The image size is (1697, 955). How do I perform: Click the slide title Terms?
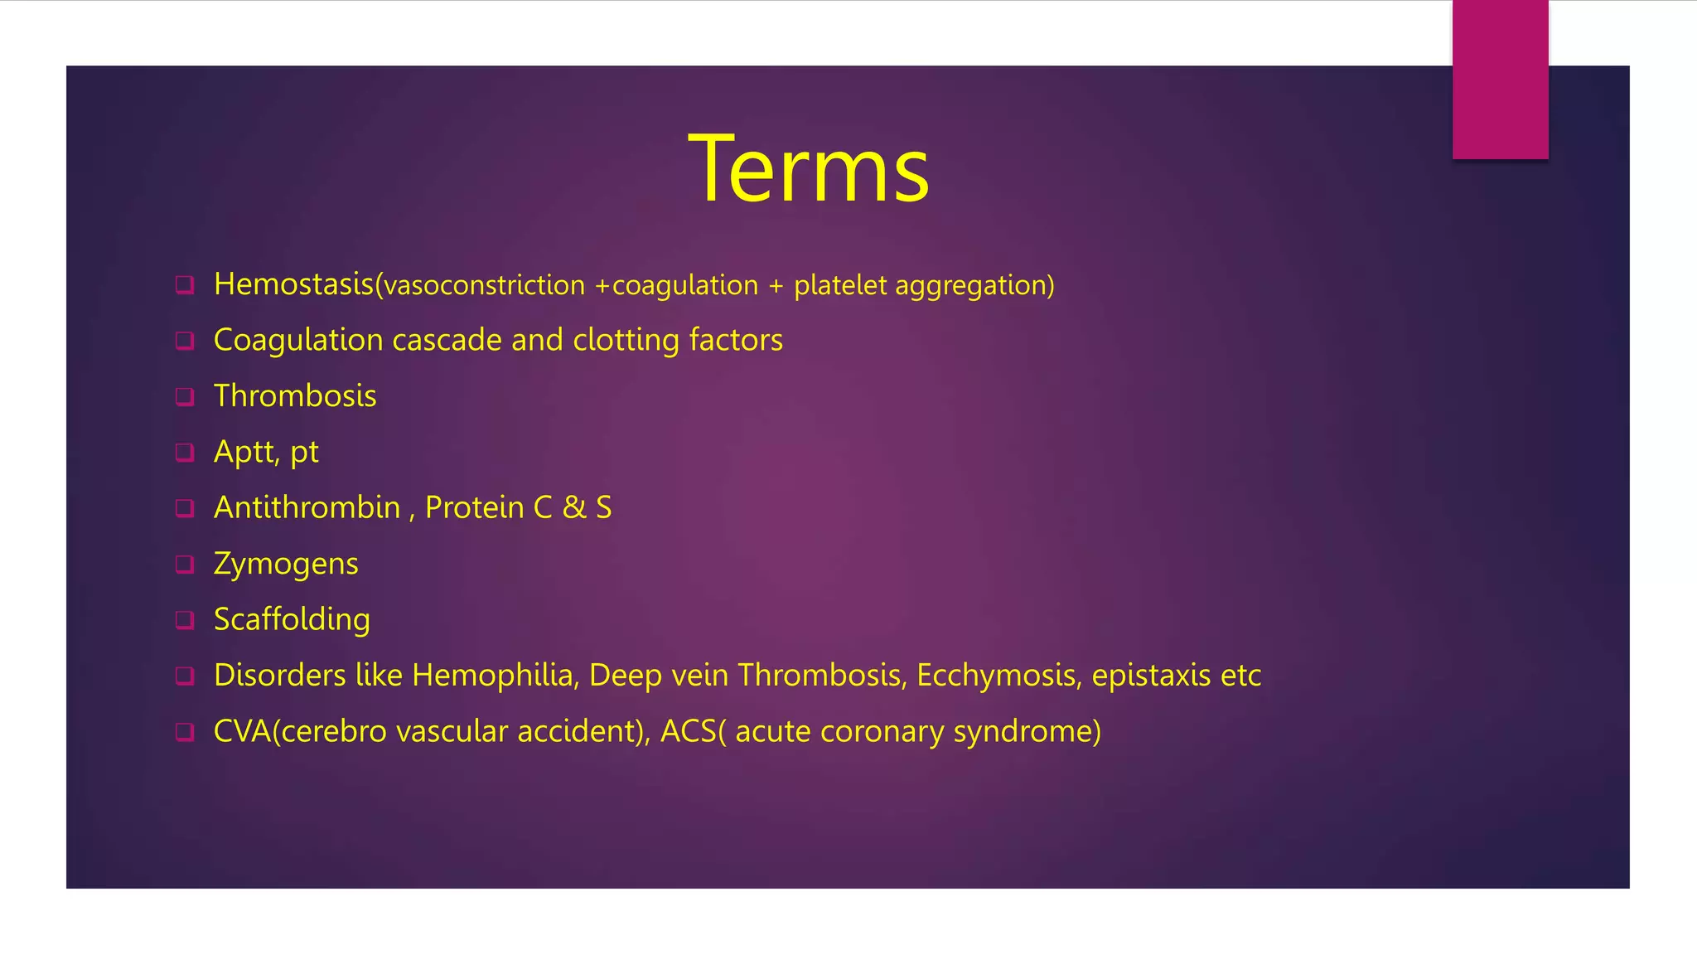(x=809, y=170)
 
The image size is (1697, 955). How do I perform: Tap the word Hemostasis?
(x=293, y=284)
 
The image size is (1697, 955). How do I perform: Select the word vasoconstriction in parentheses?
(x=484, y=286)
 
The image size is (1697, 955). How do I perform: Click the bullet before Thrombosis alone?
(x=185, y=396)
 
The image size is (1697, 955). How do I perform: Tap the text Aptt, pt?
(x=265, y=453)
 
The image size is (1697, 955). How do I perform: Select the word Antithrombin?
(x=307, y=508)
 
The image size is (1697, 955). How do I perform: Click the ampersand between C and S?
(x=573, y=508)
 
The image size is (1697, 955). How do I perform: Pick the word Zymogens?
(x=285, y=565)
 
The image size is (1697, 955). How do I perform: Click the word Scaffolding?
(x=292, y=620)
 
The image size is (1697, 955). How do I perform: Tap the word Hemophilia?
(x=494, y=676)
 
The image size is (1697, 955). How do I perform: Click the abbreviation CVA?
(x=241, y=731)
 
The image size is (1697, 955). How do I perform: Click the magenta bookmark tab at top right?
(x=1500, y=79)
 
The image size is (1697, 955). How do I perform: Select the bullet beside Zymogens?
(x=185, y=565)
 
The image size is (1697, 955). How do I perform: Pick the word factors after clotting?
(x=736, y=341)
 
